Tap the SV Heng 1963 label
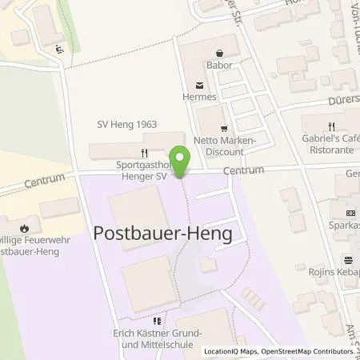(x=127, y=125)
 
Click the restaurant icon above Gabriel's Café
(x=331, y=126)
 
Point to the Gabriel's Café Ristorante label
(x=330, y=144)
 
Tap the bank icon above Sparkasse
(x=350, y=213)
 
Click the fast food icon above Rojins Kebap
(x=349, y=259)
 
